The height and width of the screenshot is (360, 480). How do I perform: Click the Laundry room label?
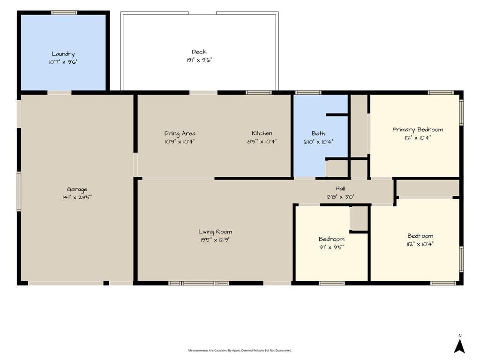[63, 54]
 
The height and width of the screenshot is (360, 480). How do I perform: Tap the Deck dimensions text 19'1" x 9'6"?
[199, 60]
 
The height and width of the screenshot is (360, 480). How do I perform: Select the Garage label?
[77, 189]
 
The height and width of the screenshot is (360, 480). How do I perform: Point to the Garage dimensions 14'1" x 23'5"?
[77, 197]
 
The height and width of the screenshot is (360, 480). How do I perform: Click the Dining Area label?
[180, 134]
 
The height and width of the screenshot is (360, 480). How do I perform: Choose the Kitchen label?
[262, 133]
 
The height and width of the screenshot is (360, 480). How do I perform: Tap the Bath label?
[318, 134]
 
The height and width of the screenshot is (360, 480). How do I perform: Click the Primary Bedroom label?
[418, 130]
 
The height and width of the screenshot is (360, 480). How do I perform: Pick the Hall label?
[340, 188]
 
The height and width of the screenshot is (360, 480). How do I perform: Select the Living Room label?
[215, 232]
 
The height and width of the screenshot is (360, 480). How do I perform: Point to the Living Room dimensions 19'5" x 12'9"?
[215, 240]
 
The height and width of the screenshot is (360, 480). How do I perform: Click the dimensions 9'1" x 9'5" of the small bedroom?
[331, 247]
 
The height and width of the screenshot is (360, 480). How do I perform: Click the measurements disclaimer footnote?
[240, 350]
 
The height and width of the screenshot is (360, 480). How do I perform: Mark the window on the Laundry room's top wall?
[64, 13]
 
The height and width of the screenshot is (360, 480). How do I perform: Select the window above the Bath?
[308, 92]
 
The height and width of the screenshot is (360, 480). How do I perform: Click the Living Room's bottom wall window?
[199, 284]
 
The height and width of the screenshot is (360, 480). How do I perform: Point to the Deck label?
[199, 52]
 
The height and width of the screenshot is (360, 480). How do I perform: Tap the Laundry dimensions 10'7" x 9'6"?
[63, 62]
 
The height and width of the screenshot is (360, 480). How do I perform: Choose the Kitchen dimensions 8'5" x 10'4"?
[262, 142]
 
